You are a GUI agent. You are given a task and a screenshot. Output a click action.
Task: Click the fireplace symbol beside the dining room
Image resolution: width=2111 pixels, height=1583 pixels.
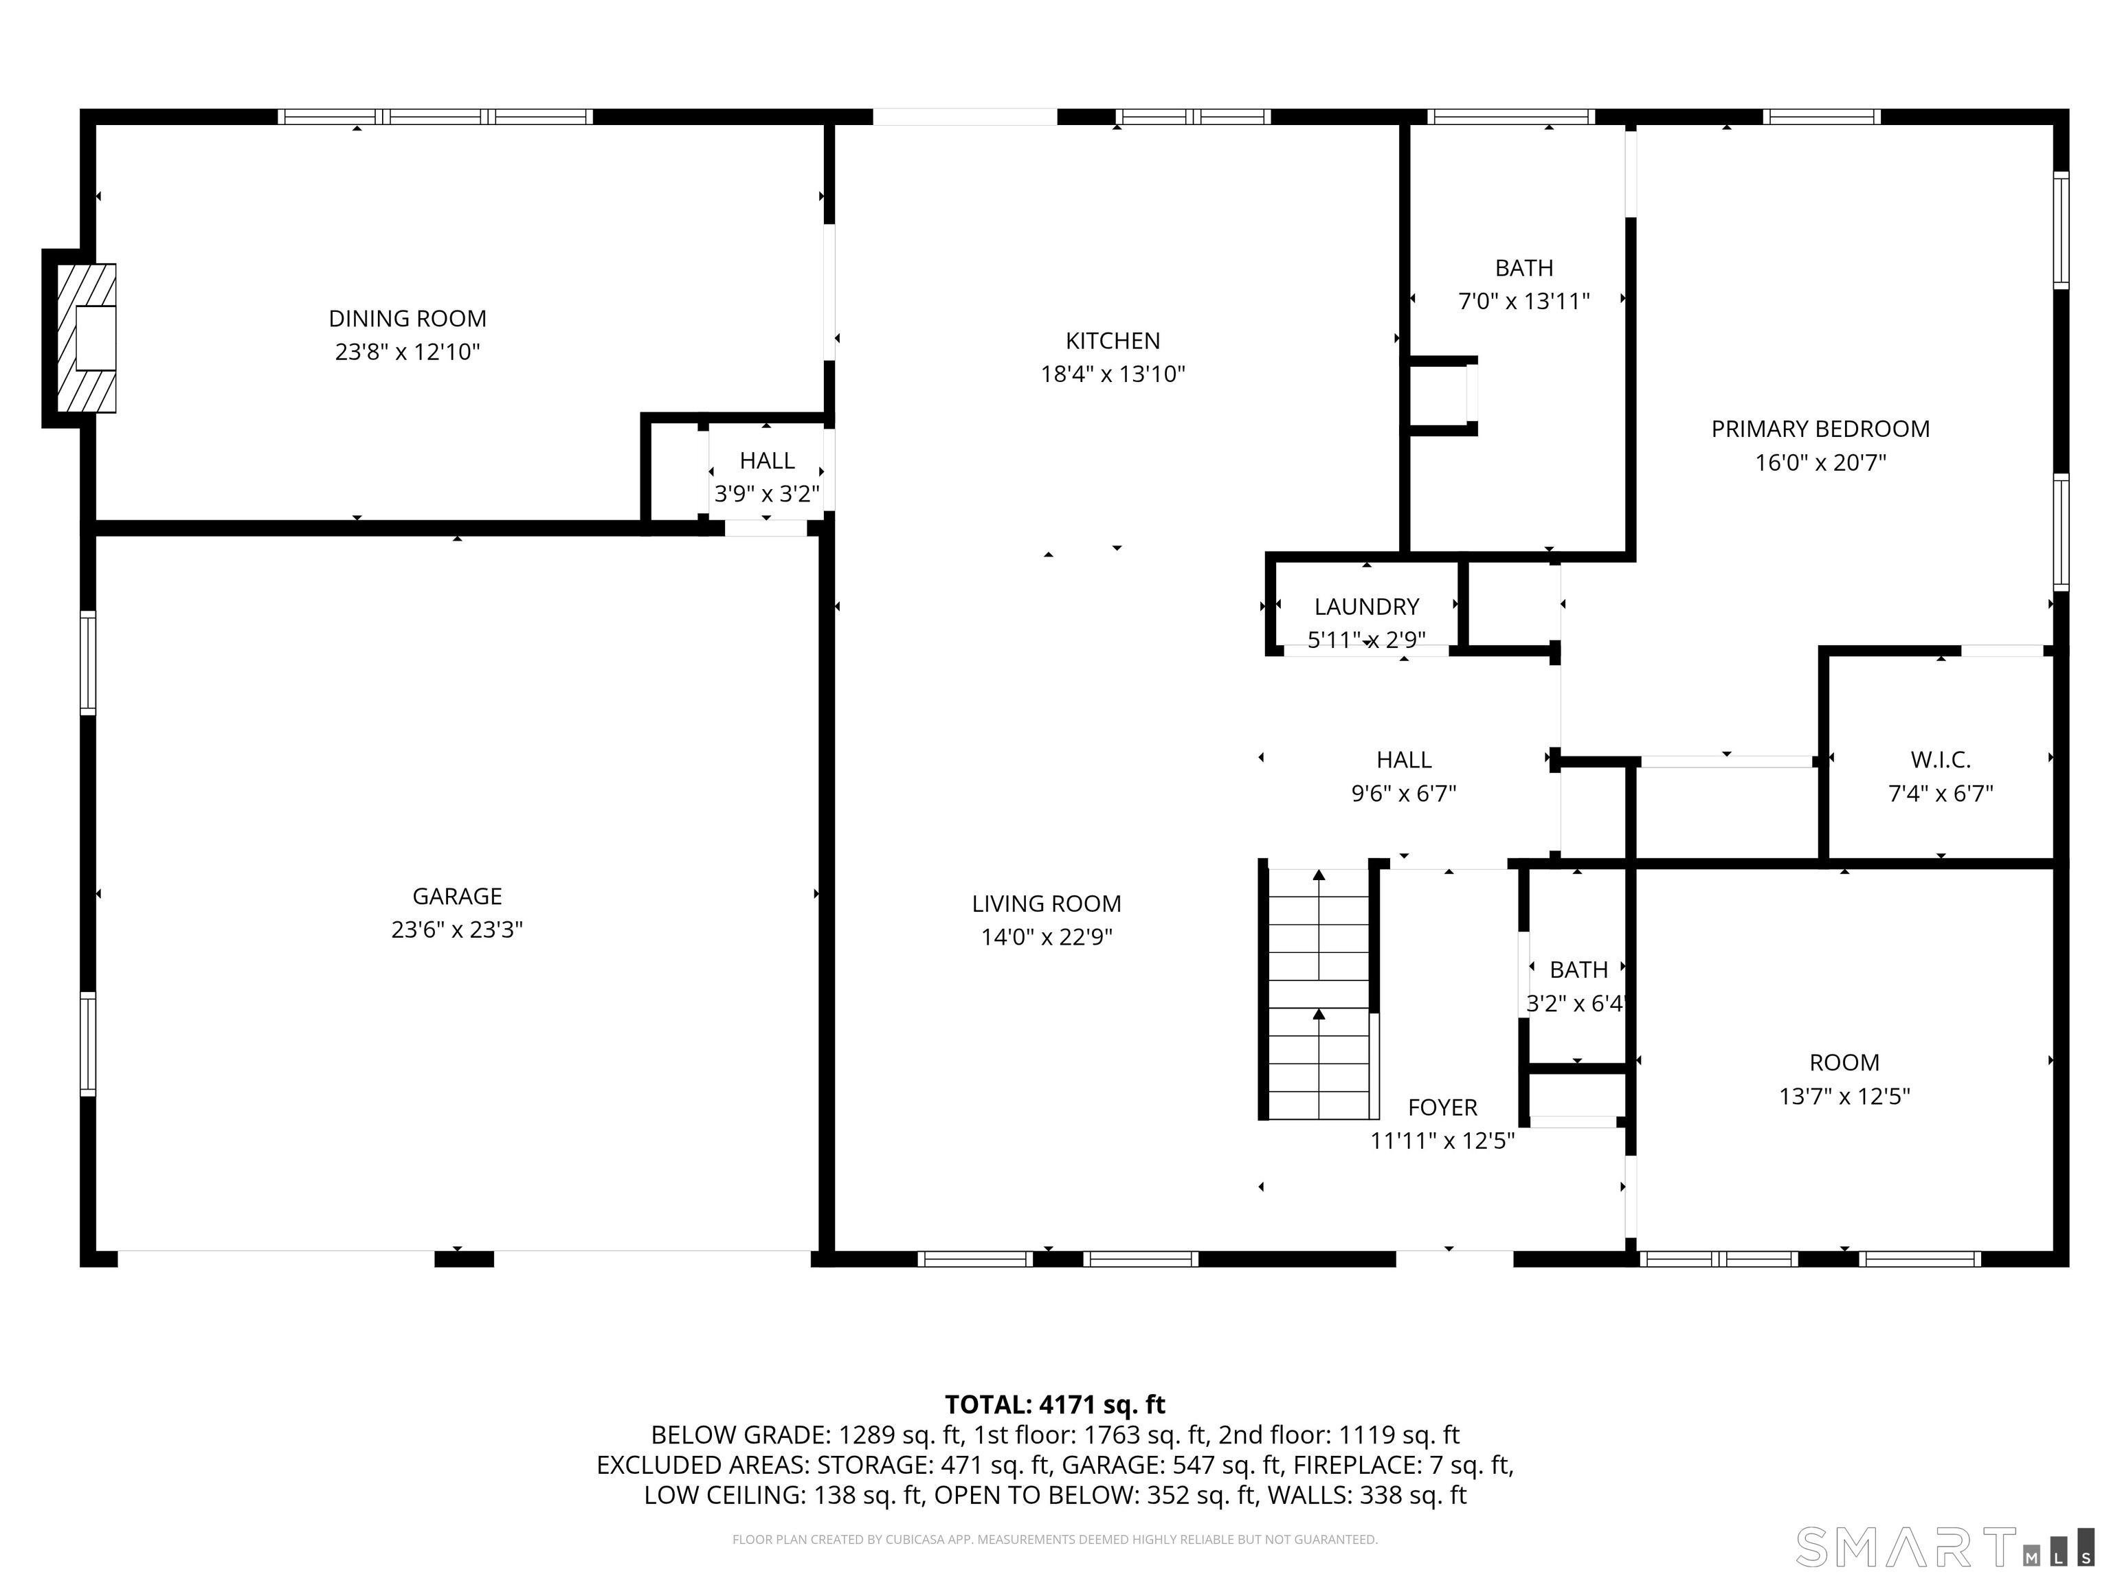pyautogui.click(x=87, y=338)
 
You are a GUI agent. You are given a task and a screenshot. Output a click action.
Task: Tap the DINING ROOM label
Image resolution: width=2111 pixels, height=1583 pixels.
pyautogui.click(x=407, y=319)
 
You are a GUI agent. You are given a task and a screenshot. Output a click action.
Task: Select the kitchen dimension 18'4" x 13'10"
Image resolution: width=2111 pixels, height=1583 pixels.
pyautogui.click(x=1112, y=374)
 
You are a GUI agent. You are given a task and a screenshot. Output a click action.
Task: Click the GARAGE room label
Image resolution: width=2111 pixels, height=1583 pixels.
pyautogui.click(x=456, y=896)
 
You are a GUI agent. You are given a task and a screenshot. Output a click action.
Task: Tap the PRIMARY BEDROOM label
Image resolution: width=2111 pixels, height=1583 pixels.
pyautogui.click(x=1820, y=429)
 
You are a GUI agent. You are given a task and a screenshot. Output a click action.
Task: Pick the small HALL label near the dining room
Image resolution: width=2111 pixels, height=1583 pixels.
pyautogui.click(x=766, y=461)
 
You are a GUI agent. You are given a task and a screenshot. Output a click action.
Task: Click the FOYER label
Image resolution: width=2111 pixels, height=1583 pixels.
pyautogui.click(x=1442, y=1108)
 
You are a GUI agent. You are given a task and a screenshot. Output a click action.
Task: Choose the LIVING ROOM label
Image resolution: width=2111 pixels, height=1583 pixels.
pyautogui.click(x=1046, y=903)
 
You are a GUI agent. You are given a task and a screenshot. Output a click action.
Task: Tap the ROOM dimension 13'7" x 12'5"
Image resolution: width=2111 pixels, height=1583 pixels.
pyautogui.click(x=1844, y=1097)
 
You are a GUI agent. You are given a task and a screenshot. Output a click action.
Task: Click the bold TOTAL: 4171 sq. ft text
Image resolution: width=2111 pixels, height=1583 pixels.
pyautogui.click(x=1055, y=1404)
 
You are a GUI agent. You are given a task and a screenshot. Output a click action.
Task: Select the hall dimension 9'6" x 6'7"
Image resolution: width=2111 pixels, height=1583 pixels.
pyautogui.click(x=1403, y=794)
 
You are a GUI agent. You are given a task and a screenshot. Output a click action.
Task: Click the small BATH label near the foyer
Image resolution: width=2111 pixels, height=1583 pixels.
pyautogui.click(x=1578, y=970)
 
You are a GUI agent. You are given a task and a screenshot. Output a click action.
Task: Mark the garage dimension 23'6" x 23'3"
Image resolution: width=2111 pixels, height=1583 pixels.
pyautogui.click(x=456, y=930)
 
